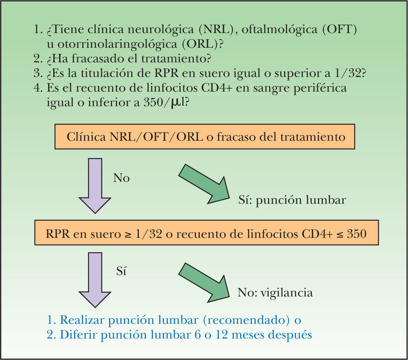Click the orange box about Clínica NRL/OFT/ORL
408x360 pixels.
coord(204,137)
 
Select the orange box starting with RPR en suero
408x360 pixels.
coord(204,233)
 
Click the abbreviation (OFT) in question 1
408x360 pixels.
coord(339,31)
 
